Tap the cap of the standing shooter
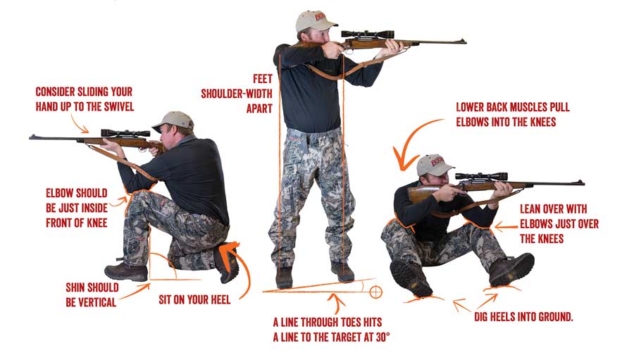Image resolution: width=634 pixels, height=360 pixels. tap(312, 22)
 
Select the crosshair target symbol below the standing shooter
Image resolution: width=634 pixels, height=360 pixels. tap(375, 290)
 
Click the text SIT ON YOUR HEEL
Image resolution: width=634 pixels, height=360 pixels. tap(190, 299)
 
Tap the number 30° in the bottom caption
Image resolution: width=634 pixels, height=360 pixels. tap(381, 337)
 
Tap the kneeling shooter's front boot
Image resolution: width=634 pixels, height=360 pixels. tap(126, 272)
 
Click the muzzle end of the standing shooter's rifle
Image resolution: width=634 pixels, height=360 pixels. tap(463, 42)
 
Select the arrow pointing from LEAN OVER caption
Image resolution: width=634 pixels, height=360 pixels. tap(502, 227)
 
